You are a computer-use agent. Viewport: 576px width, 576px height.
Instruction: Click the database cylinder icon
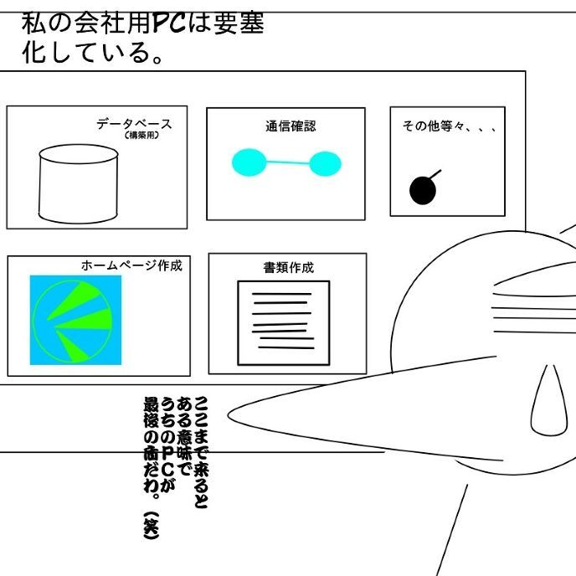(x=79, y=181)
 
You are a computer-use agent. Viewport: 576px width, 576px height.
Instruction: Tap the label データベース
(x=134, y=124)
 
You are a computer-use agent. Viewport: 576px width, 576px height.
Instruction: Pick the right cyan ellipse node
(x=325, y=163)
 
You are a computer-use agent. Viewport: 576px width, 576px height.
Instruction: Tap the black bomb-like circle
(x=423, y=190)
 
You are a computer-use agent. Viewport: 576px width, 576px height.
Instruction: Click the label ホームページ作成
(x=131, y=265)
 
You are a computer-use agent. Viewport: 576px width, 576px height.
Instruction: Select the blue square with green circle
(x=75, y=320)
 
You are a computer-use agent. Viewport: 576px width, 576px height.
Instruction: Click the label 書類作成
(x=288, y=268)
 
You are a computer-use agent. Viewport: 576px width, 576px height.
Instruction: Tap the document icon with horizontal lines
(x=284, y=322)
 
